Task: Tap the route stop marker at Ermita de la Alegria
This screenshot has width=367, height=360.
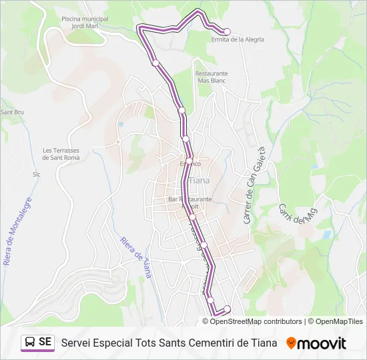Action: [x=226, y=31]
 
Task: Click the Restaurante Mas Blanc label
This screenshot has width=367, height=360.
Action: [x=212, y=77]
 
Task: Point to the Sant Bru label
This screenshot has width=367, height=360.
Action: [x=12, y=112]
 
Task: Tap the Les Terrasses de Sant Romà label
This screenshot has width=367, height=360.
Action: [x=61, y=154]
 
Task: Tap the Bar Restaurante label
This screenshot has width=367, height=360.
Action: [x=190, y=199]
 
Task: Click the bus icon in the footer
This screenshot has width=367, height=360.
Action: [x=30, y=342]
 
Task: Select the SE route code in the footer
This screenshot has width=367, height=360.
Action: [x=45, y=342]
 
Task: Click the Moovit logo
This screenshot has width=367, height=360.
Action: [x=316, y=343]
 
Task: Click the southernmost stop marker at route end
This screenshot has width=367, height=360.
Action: [x=227, y=308]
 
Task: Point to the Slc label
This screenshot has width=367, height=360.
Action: [x=37, y=174]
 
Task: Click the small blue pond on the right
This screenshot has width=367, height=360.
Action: [x=326, y=235]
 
